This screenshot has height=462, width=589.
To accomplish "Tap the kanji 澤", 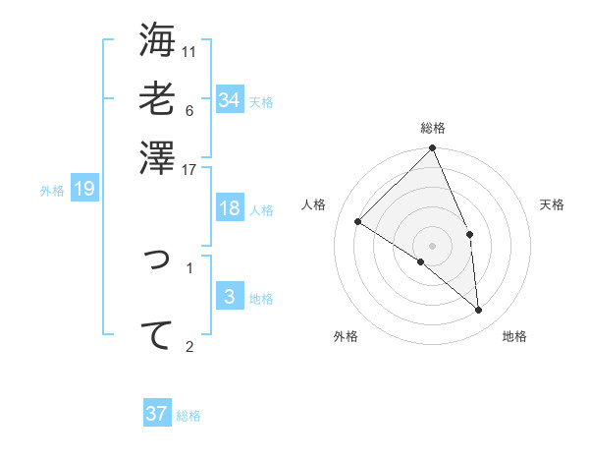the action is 157,157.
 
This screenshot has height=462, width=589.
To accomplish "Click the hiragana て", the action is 157,335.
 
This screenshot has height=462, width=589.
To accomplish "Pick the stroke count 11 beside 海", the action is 189,51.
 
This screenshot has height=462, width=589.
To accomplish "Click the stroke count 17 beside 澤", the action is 189,169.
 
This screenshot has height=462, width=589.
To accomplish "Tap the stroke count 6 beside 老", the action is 189,110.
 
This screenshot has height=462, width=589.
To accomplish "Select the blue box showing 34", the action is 229,100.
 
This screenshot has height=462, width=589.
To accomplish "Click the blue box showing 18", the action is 229,208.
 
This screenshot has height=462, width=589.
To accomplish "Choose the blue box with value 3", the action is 229,297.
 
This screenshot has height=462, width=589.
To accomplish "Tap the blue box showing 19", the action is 84,189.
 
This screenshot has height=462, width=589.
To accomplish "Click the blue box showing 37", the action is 156,414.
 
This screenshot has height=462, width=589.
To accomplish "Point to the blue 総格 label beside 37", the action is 188,416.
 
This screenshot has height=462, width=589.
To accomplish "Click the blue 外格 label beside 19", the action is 52,191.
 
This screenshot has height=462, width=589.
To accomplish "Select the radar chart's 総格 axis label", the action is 433,128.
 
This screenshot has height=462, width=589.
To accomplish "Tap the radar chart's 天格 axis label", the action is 552,204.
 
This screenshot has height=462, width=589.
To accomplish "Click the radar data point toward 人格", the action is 358,222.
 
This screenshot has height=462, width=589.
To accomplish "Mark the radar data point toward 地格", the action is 478,310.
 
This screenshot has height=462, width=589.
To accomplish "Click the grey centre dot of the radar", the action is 433,245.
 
